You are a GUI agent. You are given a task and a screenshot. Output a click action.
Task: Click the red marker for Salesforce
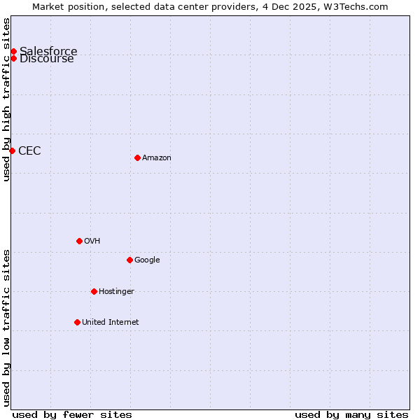click(x=13, y=51)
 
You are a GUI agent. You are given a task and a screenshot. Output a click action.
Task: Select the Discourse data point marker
click(x=13, y=58)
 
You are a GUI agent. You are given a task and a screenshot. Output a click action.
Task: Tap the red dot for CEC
click(x=12, y=150)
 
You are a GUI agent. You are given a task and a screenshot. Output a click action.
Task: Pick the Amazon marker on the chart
click(x=137, y=157)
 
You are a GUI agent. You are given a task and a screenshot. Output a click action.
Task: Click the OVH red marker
click(x=79, y=241)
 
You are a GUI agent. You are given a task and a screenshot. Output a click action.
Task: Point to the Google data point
click(x=129, y=260)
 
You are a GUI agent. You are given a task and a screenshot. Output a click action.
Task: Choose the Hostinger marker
click(x=94, y=291)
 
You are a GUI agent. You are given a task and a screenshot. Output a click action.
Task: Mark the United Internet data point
click(x=77, y=322)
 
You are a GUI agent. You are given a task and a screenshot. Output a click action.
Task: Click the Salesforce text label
click(x=48, y=51)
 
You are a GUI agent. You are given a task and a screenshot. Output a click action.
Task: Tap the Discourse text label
click(x=47, y=59)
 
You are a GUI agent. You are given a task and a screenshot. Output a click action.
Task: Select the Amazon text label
click(x=157, y=157)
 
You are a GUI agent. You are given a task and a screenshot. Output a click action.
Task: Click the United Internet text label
click(x=110, y=322)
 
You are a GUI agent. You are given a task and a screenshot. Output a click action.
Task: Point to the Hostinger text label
click(x=116, y=291)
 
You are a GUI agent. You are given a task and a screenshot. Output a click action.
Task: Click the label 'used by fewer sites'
click(x=72, y=414)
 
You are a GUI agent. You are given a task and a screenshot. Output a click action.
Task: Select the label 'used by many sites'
click(x=351, y=414)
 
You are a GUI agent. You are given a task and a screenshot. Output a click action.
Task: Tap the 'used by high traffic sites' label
click(x=6, y=99)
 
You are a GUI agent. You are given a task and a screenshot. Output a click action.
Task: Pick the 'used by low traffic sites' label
click(x=6, y=327)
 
